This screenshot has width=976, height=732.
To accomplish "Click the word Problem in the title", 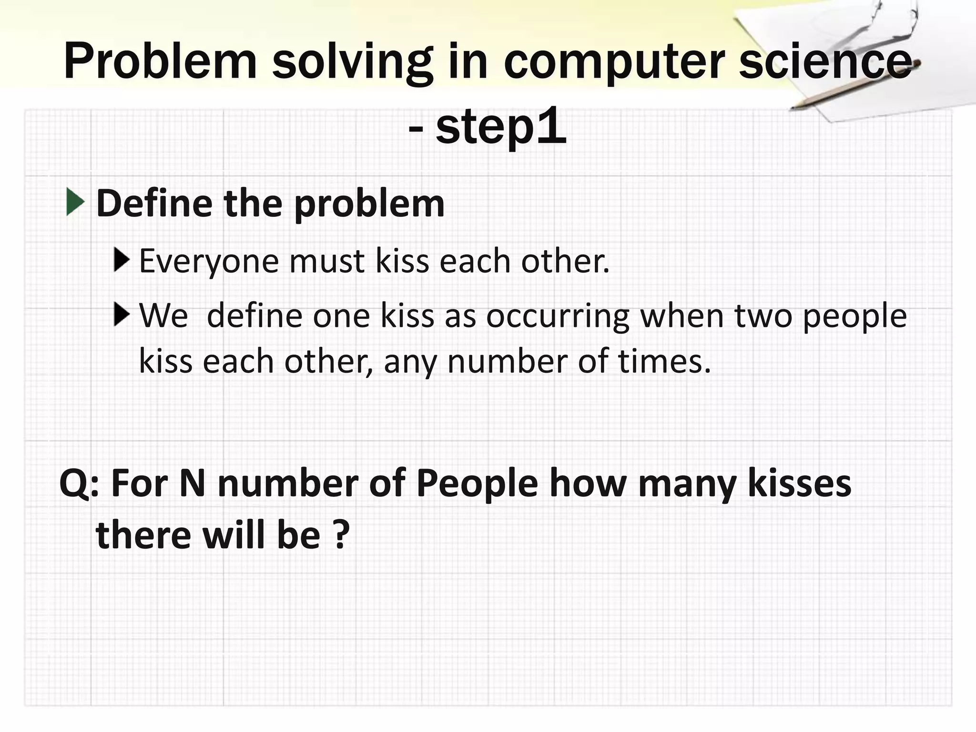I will (x=160, y=62).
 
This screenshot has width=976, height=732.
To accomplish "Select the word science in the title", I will (x=824, y=62).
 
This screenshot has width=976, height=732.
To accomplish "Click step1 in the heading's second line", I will (x=500, y=128).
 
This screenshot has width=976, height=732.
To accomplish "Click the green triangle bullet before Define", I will (x=75, y=202).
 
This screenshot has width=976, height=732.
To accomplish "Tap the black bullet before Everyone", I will (x=122, y=260).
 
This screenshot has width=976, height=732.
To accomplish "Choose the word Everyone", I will (x=209, y=262).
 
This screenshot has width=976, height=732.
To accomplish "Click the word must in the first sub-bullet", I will (x=326, y=262).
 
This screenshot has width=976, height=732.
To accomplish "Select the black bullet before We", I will (x=122, y=315).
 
